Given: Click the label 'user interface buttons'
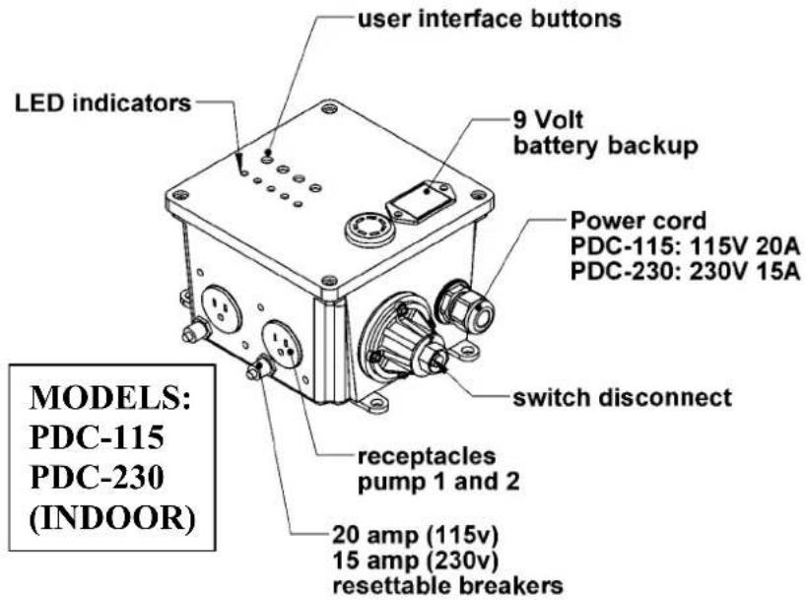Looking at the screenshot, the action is point(490,19).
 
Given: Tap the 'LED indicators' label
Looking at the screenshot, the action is point(102,103).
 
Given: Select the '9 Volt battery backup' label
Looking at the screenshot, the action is point(606,133).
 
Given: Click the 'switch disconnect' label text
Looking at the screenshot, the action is point(622,397).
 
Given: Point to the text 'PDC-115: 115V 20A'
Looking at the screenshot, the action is point(685,246).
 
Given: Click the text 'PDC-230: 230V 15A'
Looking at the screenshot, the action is point(685,272).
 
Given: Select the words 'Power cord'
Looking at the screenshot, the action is point(638,221).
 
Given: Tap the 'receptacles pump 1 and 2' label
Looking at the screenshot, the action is point(438,469).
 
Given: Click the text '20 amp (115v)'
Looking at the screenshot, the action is point(416,535).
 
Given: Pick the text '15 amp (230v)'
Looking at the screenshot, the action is point(416,560).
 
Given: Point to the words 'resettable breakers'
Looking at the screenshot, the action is point(447,585).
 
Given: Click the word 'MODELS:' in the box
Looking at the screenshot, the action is point(110,397).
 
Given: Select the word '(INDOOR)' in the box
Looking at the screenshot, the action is point(112,518).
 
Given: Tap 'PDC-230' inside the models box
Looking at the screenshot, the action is point(98,477).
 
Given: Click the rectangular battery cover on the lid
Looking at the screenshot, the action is point(422,203).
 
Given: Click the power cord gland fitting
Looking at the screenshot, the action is point(465,307).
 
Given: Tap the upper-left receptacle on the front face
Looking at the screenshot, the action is point(221,308).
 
